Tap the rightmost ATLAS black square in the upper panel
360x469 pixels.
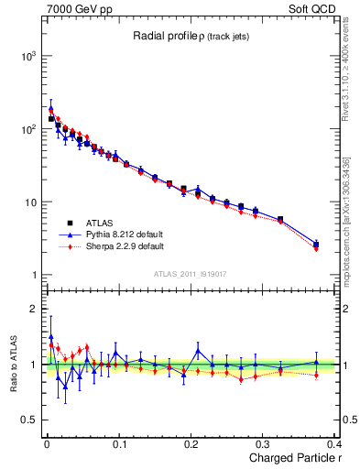316,244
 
